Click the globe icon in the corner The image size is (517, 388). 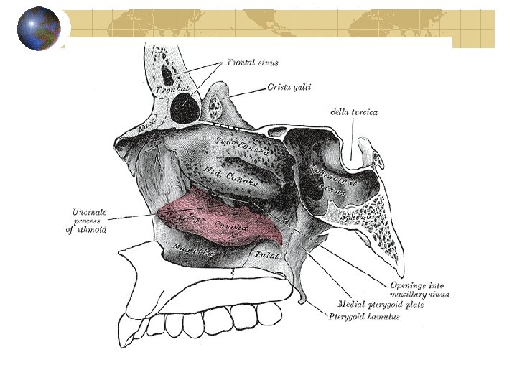pos(39,29)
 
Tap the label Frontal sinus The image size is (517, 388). pos(253,63)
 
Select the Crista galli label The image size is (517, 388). pos(291,87)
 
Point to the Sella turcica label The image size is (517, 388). pos(355,111)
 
